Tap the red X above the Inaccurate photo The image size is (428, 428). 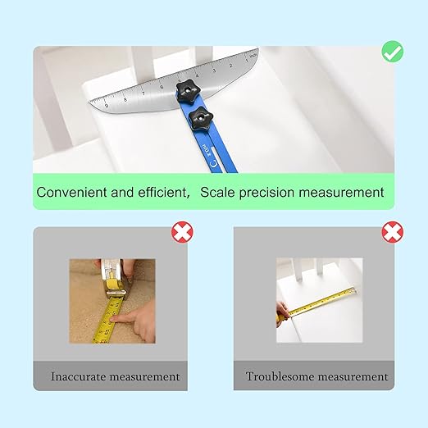click(x=181, y=234)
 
